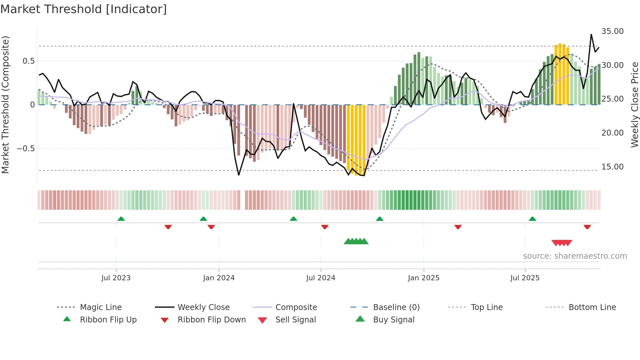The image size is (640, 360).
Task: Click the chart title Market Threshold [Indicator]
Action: (84, 9)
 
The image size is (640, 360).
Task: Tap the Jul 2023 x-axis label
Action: (116, 278)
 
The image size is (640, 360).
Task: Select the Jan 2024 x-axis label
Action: (219, 278)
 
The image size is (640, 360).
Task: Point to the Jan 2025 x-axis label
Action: (424, 278)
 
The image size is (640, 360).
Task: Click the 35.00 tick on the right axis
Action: (612, 31)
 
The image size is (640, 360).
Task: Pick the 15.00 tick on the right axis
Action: (612, 167)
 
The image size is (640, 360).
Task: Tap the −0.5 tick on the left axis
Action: (25, 149)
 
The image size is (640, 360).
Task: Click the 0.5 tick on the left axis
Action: (28, 61)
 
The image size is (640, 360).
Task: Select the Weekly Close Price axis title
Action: (634, 105)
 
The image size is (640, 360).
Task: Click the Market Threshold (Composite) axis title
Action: (5, 105)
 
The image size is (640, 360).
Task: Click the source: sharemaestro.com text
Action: (575, 256)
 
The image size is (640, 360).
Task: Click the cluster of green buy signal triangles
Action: (356, 241)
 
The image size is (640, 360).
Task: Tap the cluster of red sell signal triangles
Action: (562, 243)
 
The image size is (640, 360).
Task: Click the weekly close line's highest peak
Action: (591, 34)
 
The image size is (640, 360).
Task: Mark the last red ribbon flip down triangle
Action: (587, 227)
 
